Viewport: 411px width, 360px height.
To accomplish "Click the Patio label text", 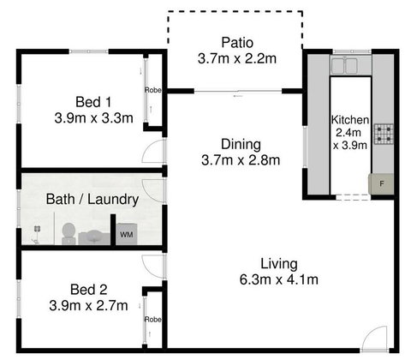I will pyautogui.click(x=236, y=42).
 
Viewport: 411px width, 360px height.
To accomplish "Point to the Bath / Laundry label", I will pyautogui.click(x=92, y=199).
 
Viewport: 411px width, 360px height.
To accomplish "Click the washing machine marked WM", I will pyautogui.click(x=126, y=233).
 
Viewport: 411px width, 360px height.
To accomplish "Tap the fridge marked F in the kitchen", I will pyautogui.click(x=378, y=182).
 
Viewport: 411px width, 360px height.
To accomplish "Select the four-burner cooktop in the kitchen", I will pyautogui.click(x=384, y=134).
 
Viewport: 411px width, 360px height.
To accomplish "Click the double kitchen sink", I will pyautogui.click(x=350, y=64).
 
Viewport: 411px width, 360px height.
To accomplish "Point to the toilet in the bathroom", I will pyautogui.click(x=88, y=233).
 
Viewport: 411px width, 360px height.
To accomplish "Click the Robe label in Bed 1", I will pyautogui.click(x=152, y=89).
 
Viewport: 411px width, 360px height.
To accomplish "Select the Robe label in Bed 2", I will pyautogui.click(x=152, y=319).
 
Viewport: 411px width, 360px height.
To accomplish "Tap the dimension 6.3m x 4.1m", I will pyautogui.click(x=279, y=279).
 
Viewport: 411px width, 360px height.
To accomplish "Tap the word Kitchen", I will pyautogui.click(x=350, y=119).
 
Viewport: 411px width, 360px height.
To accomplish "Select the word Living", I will pyautogui.click(x=279, y=263).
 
